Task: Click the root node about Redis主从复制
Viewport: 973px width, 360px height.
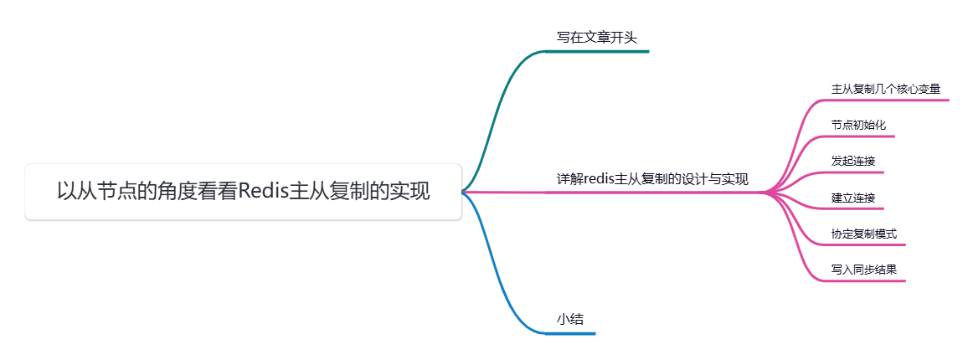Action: pyautogui.click(x=243, y=192)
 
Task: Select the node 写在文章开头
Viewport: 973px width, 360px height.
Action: pyautogui.click(x=596, y=38)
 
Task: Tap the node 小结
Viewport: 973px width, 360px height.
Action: pyautogui.click(x=570, y=319)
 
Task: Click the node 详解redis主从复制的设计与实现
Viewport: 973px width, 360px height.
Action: pyautogui.click(x=652, y=178)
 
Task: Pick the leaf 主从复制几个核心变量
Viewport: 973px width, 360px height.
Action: pyautogui.click(x=886, y=88)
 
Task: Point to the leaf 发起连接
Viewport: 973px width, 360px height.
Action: pyautogui.click(x=852, y=161)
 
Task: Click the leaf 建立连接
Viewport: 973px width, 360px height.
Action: pyautogui.click(x=852, y=198)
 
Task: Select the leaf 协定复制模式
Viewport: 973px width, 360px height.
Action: pyautogui.click(x=863, y=234)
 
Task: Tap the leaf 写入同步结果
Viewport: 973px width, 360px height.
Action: pyautogui.click(x=863, y=270)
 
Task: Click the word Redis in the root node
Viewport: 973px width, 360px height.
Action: pyautogui.click(x=263, y=192)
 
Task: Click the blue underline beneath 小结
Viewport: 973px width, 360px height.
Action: pyautogui.click(x=570, y=333)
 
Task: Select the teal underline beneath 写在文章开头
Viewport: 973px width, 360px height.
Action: pyautogui.click(x=596, y=51)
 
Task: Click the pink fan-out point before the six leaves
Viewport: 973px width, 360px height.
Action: pyautogui.click(x=764, y=193)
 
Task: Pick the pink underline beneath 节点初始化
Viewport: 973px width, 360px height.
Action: pyautogui.click(x=857, y=136)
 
